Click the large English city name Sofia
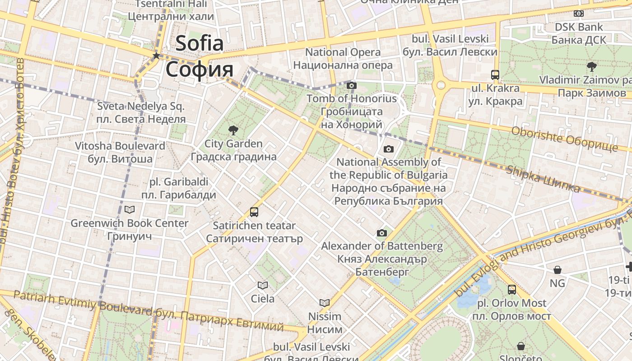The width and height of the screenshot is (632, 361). [200, 43]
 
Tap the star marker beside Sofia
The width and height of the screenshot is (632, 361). [156, 56]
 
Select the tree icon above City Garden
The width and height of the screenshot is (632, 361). [233, 131]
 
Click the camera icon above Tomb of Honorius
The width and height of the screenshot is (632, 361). [352, 85]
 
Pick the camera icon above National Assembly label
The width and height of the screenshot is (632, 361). [388, 149]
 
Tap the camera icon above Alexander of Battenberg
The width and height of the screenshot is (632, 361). [382, 233]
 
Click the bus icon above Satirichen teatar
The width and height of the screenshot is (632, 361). [254, 212]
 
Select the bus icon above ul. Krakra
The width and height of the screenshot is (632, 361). [495, 75]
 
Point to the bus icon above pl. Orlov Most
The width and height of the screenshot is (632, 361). [512, 290]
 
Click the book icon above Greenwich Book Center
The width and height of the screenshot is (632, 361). [130, 210]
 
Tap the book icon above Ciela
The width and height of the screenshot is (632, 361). [263, 285]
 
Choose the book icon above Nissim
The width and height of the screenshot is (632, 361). [325, 303]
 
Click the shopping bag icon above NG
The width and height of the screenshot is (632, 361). [558, 270]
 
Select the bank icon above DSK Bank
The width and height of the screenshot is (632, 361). [579, 14]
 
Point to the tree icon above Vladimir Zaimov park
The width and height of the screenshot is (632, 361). [591, 67]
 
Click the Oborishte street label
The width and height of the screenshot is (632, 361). [564, 138]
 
